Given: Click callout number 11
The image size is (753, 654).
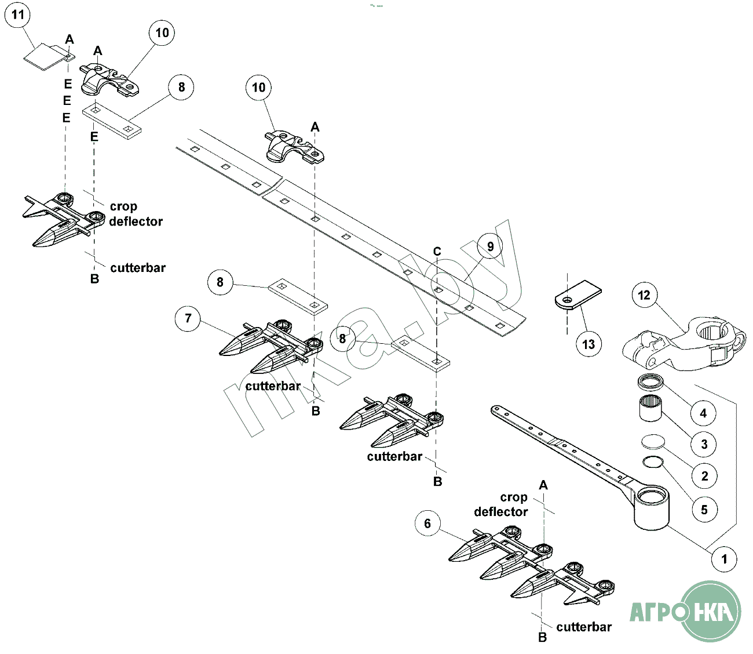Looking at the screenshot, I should tap(17, 14).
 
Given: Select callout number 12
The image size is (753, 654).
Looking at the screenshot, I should tap(644, 295).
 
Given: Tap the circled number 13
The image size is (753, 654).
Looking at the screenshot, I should tap(588, 344).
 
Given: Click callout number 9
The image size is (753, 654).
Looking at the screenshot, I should tap(490, 247).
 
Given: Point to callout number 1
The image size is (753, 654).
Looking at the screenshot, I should tap(723, 559).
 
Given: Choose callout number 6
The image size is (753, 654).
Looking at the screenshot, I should tap(427, 524).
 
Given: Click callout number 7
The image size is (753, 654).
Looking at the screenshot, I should tap(188, 318).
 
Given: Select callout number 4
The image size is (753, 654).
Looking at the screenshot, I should tap(703, 413).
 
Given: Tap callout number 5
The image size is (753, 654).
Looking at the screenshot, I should tap(704, 510).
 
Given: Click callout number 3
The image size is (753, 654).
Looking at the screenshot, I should tap(704, 445).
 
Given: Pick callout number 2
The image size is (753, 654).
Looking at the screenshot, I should tap(704, 477).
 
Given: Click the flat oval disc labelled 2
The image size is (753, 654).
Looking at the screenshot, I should tap(653, 441).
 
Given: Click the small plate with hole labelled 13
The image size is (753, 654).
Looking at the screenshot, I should tap(577, 295).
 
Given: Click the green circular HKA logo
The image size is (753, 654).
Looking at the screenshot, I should tap(710, 611).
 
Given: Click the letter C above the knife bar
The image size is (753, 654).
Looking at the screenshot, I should tap(437, 252).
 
